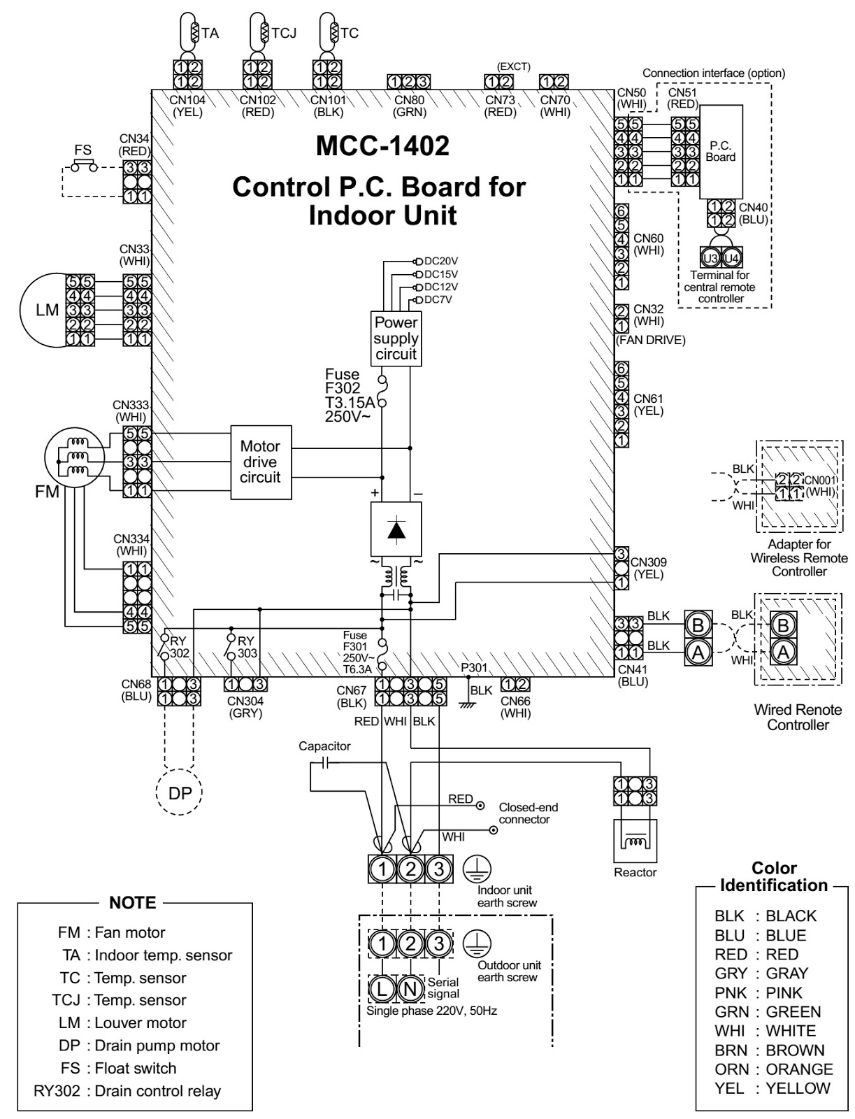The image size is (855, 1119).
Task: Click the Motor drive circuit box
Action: (261, 462)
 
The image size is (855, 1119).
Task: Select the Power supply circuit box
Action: (396, 338)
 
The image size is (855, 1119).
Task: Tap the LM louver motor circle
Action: (48, 310)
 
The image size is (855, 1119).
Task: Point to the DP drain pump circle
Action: (179, 792)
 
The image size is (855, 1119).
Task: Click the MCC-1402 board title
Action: (382, 145)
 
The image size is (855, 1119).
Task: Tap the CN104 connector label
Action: (187, 100)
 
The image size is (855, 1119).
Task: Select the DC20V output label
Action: (440, 261)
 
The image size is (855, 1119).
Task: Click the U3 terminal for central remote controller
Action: (710, 258)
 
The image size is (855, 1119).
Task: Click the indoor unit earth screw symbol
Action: (477, 869)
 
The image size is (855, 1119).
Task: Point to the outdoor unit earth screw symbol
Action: (477, 943)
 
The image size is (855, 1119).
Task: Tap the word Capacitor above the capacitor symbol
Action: (324, 746)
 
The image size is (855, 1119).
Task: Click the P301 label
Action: (474, 668)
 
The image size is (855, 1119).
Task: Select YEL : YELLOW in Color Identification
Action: (773, 1088)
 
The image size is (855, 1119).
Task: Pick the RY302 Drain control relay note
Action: (127, 1091)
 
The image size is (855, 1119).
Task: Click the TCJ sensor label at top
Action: (284, 33)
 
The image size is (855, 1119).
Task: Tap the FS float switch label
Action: (82, 150)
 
